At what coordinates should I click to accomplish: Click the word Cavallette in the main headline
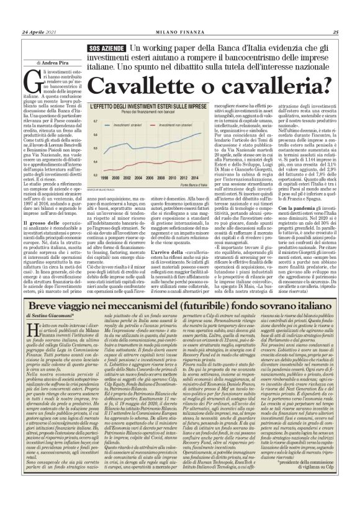[x=144, y=83]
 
